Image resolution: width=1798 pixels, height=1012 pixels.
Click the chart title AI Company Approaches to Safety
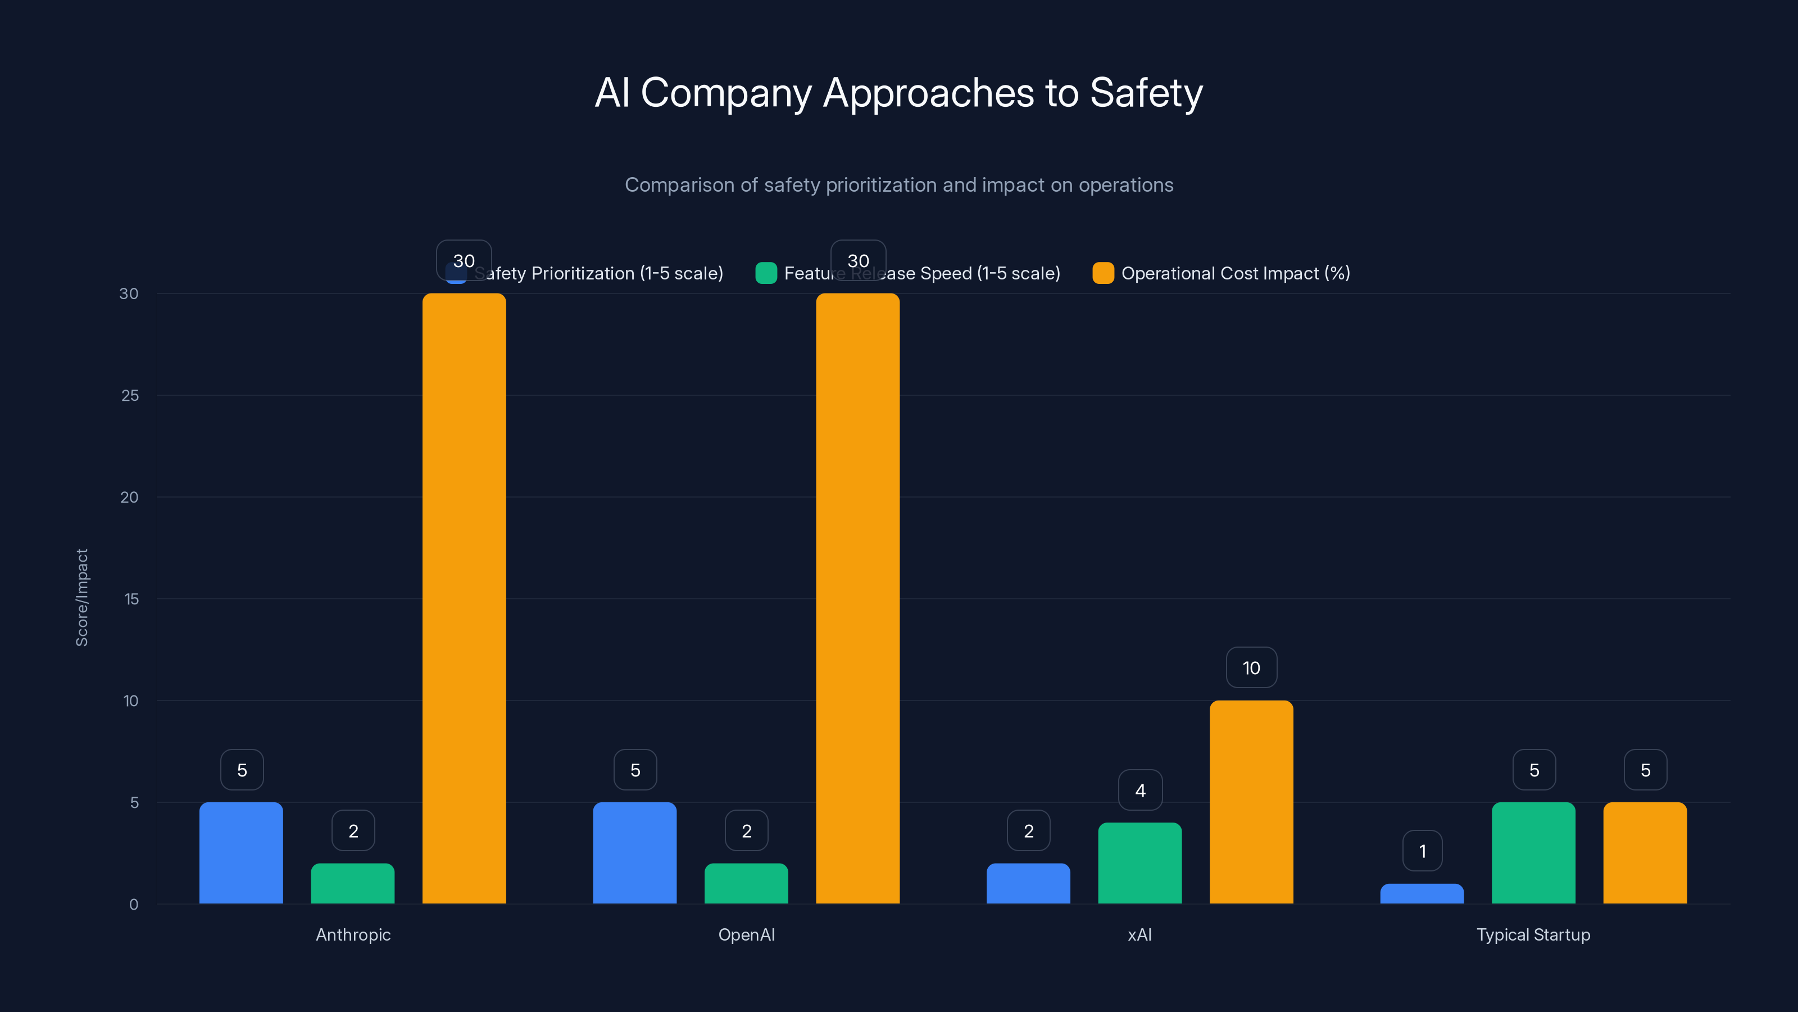898,93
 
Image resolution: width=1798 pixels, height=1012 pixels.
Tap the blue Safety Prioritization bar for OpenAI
634,853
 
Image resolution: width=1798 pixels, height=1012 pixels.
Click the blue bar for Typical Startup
1422,894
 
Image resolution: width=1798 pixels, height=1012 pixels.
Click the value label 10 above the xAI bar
1251,668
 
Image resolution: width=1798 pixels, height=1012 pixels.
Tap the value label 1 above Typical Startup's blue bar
1422,851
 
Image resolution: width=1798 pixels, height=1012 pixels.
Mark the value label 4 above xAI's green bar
1140,790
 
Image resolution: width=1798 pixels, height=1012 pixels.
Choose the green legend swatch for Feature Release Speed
766,273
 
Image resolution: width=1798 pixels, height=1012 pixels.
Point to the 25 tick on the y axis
130,395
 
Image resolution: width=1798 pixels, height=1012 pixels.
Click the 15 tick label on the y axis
131,599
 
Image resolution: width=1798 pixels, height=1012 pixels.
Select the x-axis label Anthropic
353,934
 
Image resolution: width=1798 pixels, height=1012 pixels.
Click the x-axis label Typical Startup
1533,934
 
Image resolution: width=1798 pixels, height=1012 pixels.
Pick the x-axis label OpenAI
746,934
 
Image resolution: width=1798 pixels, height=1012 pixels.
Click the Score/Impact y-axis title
81,598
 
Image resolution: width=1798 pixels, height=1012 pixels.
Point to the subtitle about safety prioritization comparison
898,184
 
